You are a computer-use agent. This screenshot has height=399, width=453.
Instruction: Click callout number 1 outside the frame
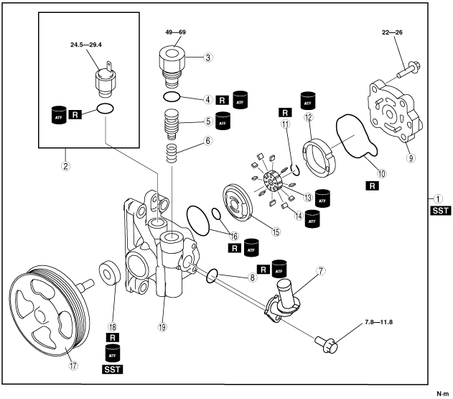tap(437, 198)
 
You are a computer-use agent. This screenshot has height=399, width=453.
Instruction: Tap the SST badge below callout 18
tap(112, 370)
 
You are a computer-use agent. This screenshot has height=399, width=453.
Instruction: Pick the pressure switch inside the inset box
tap(106, 78)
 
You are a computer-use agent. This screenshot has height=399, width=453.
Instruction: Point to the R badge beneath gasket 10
tap(373, 185)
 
